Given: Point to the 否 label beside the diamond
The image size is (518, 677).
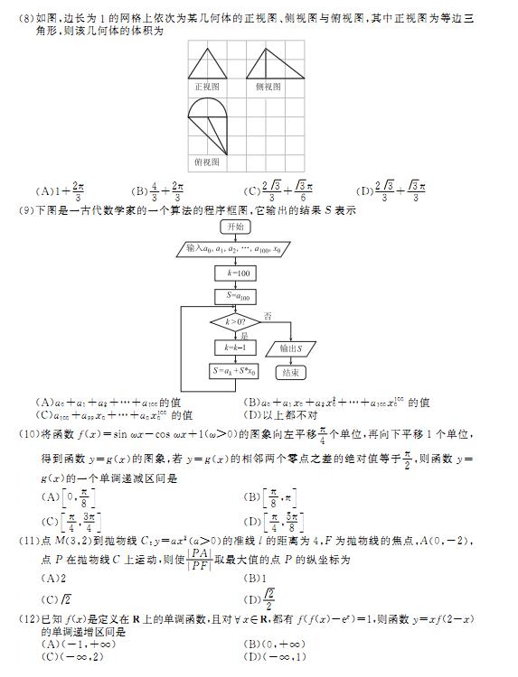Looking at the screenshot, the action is tap(268, 315).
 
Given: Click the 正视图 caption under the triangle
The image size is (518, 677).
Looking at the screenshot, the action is tap(207, 87).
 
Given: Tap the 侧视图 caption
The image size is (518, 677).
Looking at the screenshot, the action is tap(268, 87).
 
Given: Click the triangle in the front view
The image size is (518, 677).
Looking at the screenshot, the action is tap(207, 65).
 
